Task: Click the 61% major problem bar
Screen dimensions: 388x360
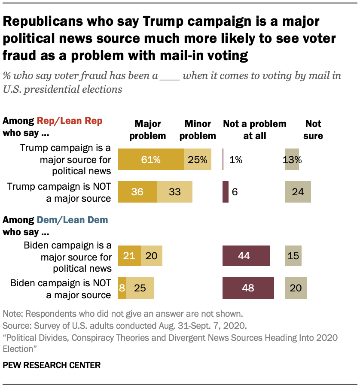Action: [x=150, y=160]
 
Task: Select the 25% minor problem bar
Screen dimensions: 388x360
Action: [x=198, y=160]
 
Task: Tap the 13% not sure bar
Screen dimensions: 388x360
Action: [x=292, y=160]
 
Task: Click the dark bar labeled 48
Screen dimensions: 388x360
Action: [x=248, y=288]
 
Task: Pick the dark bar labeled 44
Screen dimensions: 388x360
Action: [x=246, y=256]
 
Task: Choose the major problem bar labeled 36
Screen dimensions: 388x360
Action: [x=137, y=192]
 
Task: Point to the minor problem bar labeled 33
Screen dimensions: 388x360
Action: [x=174, y=192]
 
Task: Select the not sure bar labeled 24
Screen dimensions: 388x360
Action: [x=298, y=192]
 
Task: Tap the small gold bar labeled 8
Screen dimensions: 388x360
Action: [x=122, y=288]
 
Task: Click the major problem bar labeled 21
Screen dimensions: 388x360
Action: [x=129, y=256]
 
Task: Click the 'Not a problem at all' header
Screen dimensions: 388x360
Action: [x=254, y=130]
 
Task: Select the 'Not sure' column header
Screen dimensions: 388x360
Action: [x=313, y=130]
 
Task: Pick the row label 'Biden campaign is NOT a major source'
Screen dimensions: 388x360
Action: [x=61, y=288]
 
